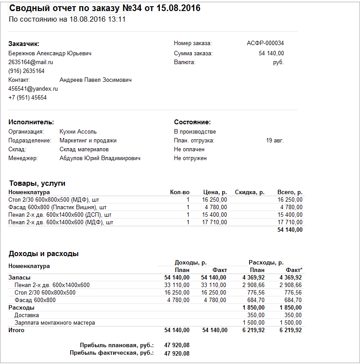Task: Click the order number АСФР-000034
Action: (265, 43)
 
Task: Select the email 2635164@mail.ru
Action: (30, 62)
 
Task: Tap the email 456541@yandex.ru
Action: (33, 88)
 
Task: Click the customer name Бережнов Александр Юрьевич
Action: (50, 54)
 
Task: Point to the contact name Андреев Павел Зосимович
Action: (95, 80)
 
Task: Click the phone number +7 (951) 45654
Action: (27, 97)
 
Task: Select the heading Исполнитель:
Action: (31, 122)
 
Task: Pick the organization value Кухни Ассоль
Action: (78, 131)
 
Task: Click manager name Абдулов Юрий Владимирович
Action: (100, 158)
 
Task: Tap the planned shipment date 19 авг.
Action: (275, 141)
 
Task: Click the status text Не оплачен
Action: (189, 149)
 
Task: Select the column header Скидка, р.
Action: (250, 192)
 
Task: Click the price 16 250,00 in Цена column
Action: (215, 200)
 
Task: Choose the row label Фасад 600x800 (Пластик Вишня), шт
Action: (57, 207)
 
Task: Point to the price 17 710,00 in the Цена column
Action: (215, 222)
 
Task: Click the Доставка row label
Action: (27, 315)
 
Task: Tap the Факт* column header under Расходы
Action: (294, 270)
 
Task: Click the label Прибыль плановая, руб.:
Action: (117, 345)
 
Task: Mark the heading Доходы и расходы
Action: (44, 254)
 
